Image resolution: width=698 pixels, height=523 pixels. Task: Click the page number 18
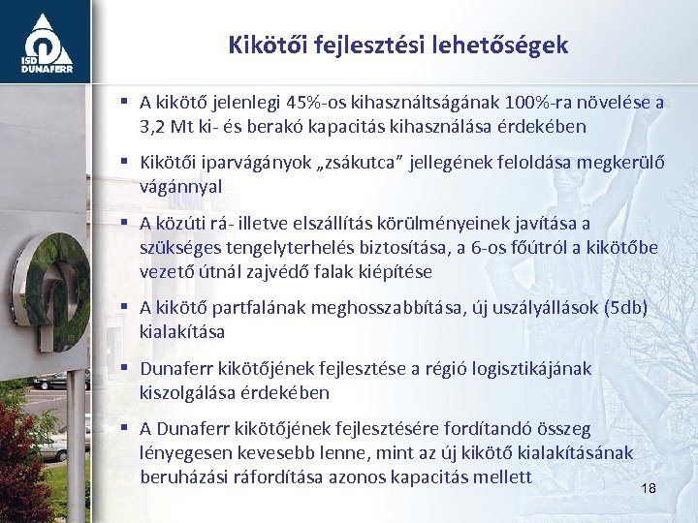pyautogui.click(x=649, y=488)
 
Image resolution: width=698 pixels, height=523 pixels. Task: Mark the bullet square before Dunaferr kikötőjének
pyautogui.click(x=126, y=368)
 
